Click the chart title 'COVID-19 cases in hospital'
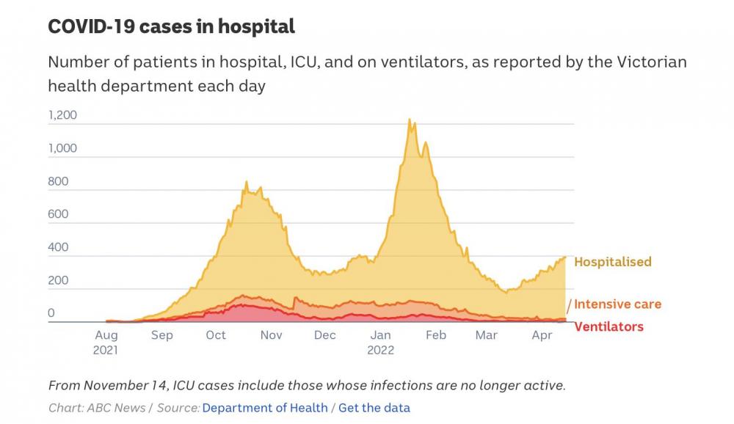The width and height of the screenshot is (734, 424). [171, 27]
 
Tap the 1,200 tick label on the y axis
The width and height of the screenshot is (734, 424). [62, 115]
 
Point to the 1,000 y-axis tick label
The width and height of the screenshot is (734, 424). [62, 148]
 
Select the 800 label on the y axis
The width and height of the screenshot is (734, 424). [58, 181]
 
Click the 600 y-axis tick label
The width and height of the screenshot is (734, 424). [58, 214]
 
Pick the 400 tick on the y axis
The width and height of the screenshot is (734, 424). [58, 247]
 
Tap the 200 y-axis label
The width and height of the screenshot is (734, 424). [58, 280]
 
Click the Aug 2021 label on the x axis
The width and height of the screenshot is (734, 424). [106, 342]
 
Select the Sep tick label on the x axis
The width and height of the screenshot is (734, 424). [161, 335]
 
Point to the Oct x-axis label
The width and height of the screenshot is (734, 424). [216, 335]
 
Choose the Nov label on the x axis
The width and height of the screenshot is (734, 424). [271, 335]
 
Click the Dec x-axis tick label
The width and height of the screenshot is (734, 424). [324, 335]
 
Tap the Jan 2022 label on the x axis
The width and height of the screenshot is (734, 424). [381, 342]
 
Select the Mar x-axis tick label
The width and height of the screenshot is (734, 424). [486, 335]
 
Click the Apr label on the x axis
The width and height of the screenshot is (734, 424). [542, 335]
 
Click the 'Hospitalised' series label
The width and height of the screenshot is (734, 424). [612, 262]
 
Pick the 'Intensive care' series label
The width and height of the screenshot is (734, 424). [617, 304]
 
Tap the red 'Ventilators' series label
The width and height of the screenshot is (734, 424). [608, 326]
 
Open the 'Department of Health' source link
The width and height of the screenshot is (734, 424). [264, 408]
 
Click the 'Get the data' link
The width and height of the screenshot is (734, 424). [374, 408]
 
